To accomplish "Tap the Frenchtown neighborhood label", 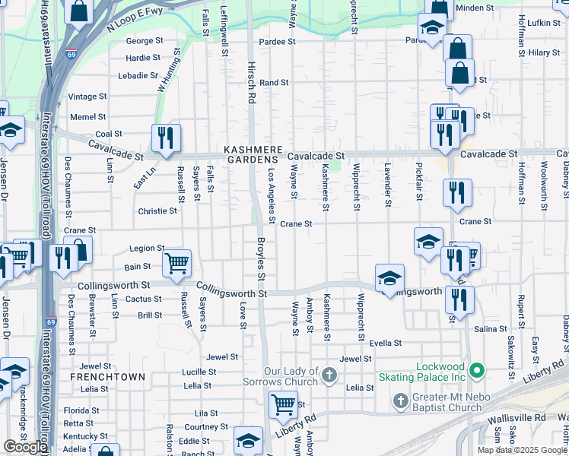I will point(97,377).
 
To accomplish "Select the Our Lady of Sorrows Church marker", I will point(329,375).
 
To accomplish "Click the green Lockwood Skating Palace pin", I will point(477,372).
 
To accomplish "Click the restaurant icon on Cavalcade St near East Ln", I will point(166,138).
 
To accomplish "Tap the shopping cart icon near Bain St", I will point(176,263).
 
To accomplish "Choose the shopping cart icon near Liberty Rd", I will point(283,404).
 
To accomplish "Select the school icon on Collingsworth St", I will point(389,278).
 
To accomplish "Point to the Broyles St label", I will point(260,259).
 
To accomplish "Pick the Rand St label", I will point(274,82).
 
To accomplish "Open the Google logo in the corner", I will point(25,447).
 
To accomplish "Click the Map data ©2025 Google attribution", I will point(522,450).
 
